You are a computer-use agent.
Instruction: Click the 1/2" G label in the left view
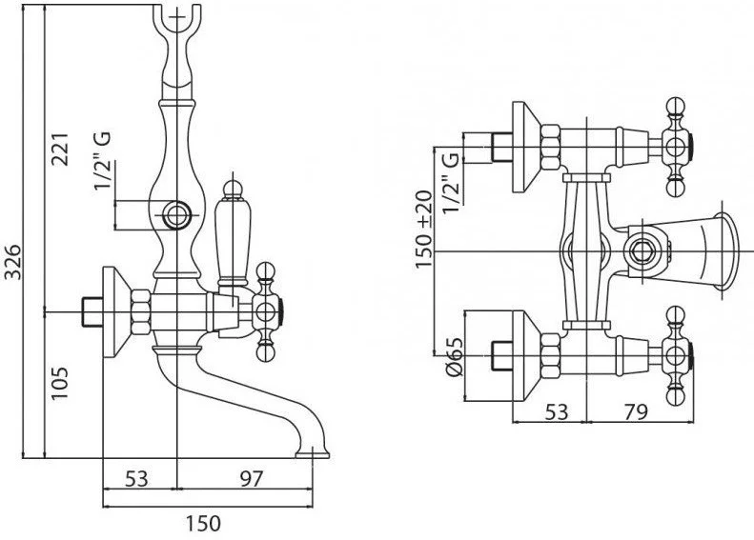(102, 160)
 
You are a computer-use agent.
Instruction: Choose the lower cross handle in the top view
(678, 357)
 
